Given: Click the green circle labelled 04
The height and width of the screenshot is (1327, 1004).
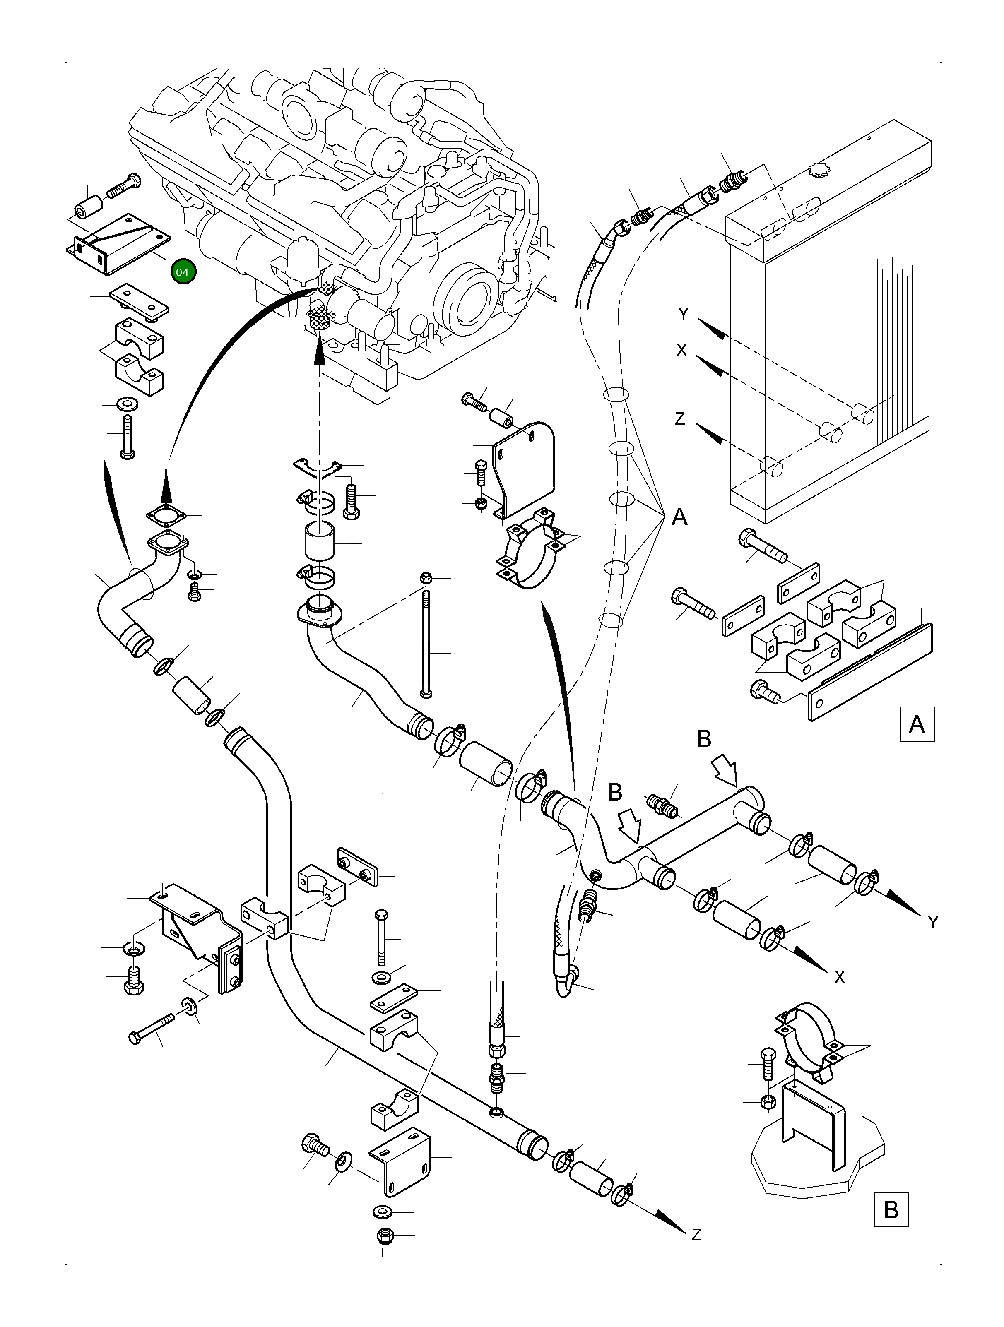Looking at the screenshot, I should point(183,272).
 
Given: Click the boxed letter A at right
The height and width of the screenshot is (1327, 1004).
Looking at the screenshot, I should point(917,725).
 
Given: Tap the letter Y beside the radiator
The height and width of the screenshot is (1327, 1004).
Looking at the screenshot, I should point(684,314).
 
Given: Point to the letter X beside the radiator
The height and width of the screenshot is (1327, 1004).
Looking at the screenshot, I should point(682,351).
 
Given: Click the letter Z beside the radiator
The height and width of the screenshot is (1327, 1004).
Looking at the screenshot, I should point(680,419).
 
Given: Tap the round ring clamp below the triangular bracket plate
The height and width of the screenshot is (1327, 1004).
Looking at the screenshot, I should point(530,552).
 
